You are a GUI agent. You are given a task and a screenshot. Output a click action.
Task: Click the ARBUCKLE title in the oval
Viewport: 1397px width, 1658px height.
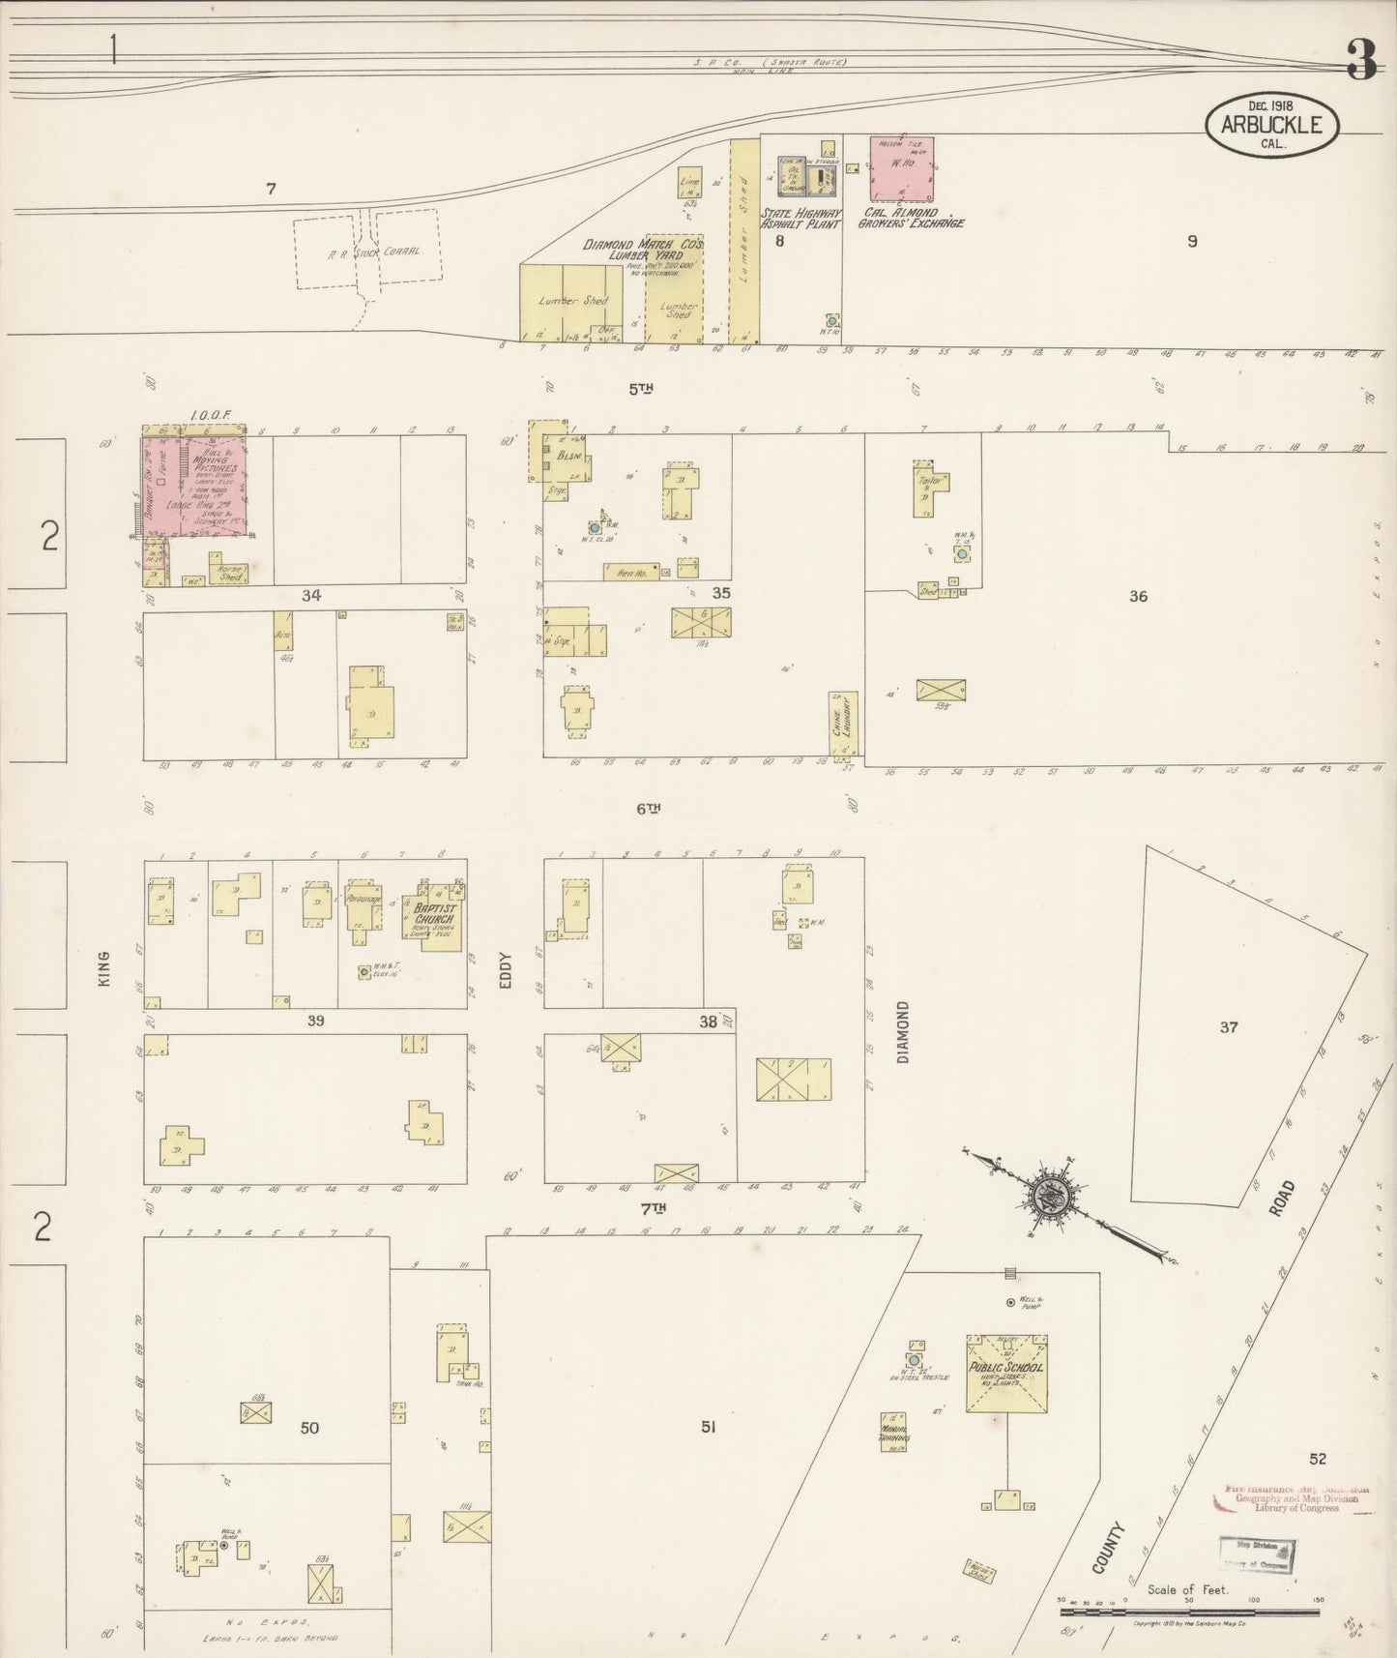(1270, 125)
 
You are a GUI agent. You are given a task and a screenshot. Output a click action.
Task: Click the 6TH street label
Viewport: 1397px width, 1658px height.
(648, 808)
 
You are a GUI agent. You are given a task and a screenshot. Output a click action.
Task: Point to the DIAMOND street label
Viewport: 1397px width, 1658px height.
(903, 1032)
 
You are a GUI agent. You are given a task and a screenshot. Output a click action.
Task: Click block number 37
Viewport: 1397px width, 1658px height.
(1228, 1027)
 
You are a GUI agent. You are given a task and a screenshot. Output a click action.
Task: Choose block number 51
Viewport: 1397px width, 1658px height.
(708, 1425)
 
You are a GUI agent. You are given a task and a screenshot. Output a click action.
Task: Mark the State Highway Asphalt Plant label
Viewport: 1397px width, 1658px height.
(801, 218)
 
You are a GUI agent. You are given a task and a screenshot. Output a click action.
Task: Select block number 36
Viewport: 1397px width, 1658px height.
(1138, 596)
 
